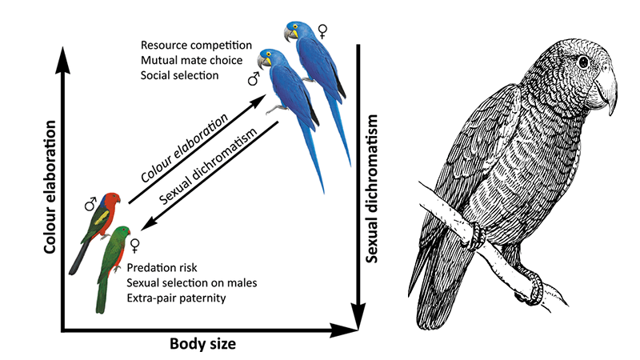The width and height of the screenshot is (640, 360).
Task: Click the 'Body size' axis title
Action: [203, 345]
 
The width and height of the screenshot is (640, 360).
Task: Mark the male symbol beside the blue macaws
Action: [253, 78]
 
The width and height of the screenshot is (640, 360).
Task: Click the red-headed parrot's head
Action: [114, 198]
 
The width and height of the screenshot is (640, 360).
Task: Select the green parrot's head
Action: [121, 234]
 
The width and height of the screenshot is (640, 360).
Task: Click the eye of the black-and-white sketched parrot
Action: [584, 62]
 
